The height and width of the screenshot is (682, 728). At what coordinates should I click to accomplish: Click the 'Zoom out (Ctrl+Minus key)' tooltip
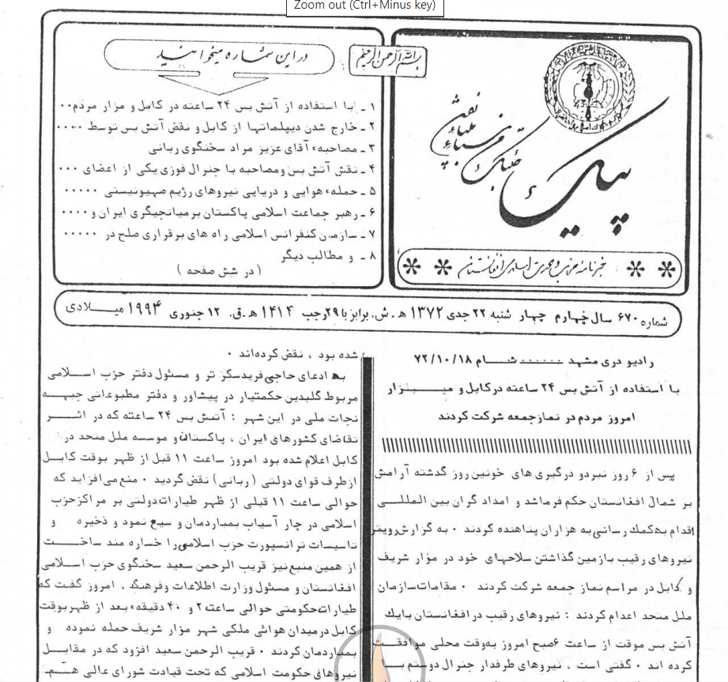point(364,6)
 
